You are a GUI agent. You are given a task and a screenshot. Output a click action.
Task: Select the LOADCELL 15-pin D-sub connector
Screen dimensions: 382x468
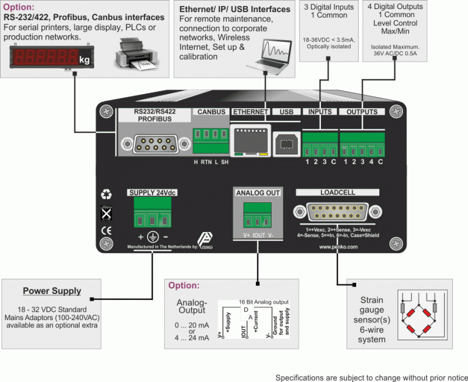[337, 212]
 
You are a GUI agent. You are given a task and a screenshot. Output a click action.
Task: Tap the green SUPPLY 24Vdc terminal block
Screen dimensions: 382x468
[150, 216]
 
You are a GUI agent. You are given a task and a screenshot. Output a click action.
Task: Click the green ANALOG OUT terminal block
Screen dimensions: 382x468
[257, 216]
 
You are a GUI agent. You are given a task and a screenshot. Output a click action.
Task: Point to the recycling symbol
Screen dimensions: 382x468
[106, 195]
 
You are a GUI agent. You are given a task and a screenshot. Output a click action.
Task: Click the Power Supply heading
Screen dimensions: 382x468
[52, 291]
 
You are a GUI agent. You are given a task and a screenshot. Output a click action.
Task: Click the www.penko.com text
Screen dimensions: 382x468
[337, 247]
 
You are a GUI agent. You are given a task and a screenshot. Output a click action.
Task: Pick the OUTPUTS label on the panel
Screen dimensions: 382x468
[362, 112]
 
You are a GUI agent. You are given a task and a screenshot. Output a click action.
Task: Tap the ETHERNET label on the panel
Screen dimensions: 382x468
[250, 112]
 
